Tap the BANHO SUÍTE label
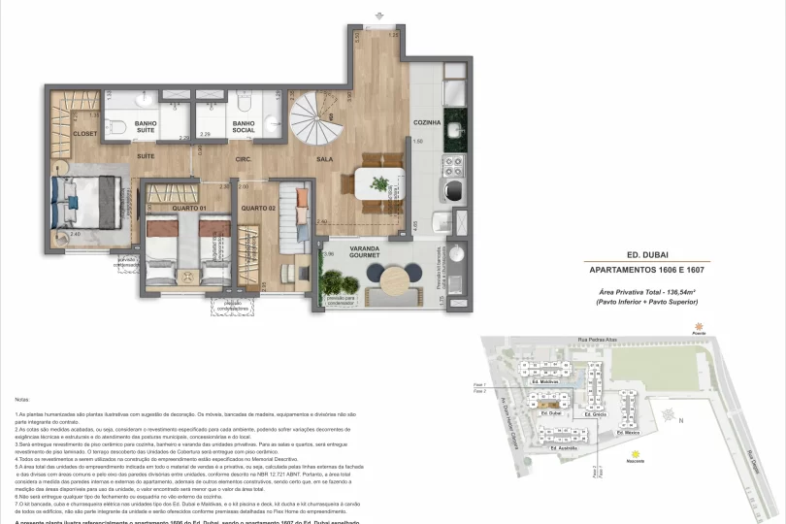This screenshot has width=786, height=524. pos(147,127)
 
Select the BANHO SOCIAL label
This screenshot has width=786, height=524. pos(245,127)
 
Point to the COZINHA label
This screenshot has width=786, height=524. pos(428,123)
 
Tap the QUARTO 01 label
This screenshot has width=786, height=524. pos(188,209)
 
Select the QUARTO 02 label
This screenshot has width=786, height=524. pos(259,209)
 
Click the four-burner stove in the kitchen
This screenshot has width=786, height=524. pos(451,183)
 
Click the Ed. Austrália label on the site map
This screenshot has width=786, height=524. pos(564,448)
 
